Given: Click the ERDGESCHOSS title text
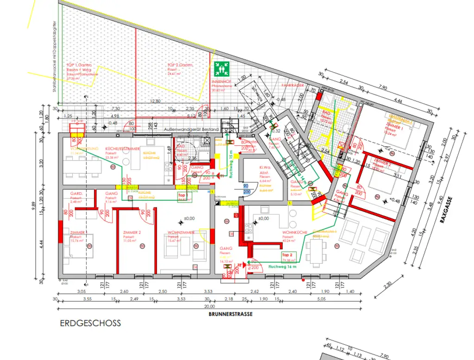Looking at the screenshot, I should tap(90, 323).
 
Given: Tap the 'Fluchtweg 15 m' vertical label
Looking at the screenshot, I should tap(230, 164).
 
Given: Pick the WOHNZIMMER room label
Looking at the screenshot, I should tap(180, 232).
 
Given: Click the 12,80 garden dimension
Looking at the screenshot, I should tap(155, 101).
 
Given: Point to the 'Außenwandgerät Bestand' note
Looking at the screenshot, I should tap(191, 130).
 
